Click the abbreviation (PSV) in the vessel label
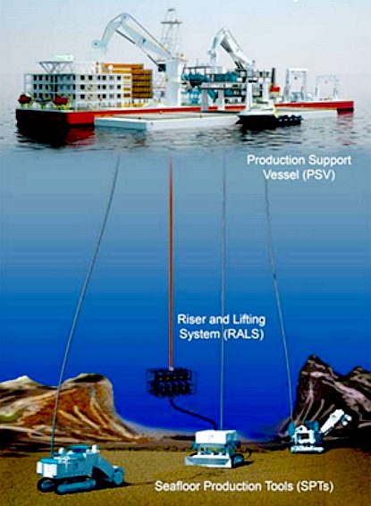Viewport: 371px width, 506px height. point(317,174)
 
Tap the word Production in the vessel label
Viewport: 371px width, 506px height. point(275,160)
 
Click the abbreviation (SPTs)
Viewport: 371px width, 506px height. point(314,485)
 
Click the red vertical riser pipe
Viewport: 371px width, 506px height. point(171,263)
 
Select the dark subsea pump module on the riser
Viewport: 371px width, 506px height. point(170,383)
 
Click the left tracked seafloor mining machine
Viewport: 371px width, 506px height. point(79,468)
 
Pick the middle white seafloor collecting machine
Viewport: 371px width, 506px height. point(215,449)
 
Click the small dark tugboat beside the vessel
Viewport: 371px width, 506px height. point(270,119)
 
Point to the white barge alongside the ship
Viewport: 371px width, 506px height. point(166,122)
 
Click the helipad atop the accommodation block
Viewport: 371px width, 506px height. point(57,62)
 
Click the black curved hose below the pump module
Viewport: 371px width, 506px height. point(194,412)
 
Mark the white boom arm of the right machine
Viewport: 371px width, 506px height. point(335,420)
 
